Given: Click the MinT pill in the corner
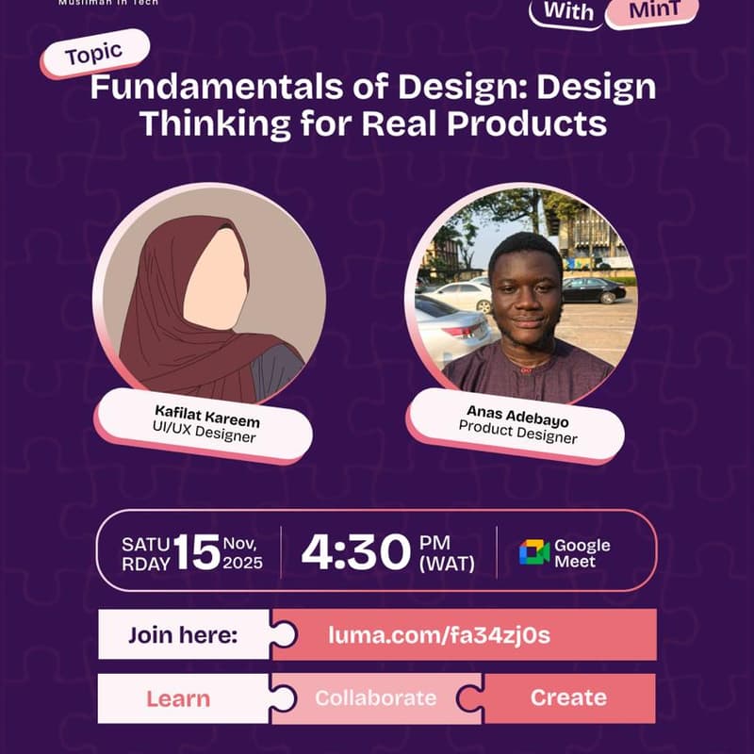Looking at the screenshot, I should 652,11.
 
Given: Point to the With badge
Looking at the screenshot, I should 568,12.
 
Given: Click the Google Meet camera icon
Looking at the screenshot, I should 533,552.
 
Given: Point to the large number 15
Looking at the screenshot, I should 196,552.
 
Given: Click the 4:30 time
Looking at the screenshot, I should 356,552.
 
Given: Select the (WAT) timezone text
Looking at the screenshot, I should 449,565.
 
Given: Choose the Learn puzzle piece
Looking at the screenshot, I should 178,698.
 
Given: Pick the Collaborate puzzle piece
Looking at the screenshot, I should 375,698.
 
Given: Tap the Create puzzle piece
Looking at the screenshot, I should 568,698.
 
